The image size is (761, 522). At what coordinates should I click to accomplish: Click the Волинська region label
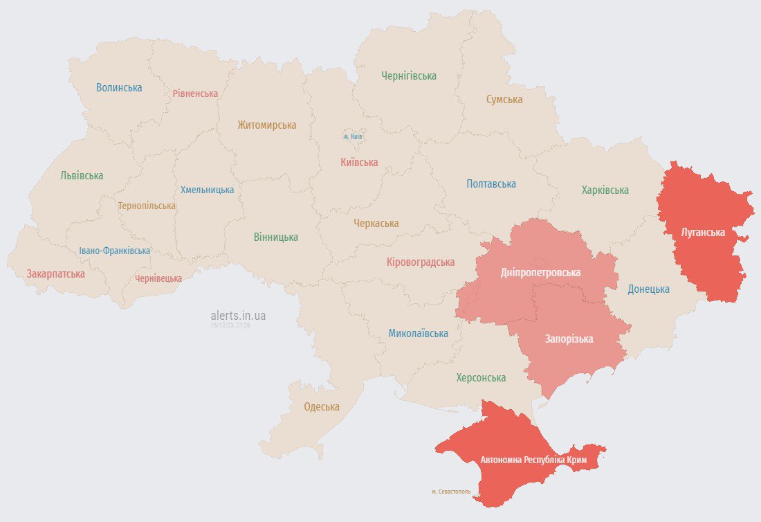coord(119,88)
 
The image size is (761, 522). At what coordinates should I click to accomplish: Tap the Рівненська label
coord(195,93)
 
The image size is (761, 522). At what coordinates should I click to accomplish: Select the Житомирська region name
coord(266,125)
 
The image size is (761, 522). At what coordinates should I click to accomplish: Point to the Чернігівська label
coord(409,76)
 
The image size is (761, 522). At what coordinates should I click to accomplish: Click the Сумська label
coord(504,100)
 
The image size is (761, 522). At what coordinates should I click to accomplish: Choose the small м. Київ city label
coord(353,137)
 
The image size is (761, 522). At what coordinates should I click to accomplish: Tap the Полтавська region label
coord(491,184)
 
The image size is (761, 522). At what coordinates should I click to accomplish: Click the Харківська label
coord(605,190)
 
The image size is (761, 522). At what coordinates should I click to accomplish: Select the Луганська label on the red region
coord(703,233)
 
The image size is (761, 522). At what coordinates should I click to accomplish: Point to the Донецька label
coord(648,289)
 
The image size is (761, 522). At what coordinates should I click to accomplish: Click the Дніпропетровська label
coord(540,273)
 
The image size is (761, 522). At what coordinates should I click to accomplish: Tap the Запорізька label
coord(569,339)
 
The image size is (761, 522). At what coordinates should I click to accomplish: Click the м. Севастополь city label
coord(451,492)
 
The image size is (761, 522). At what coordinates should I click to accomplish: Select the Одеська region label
coord(322,407)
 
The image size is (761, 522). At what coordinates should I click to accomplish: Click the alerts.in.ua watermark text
coord(238,316)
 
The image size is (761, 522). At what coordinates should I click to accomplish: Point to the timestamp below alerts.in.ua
coord(230,325)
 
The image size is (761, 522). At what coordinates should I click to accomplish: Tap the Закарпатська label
coord(56,274)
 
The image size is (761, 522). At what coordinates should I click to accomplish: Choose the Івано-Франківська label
coord(114,251)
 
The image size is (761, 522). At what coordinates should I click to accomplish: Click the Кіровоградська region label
coord(421,262)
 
